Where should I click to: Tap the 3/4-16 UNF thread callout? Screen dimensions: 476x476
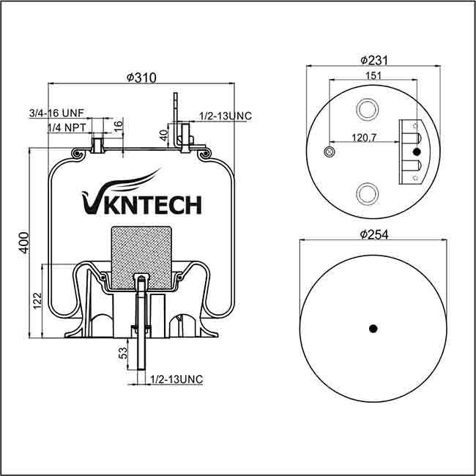(x=57, y=114)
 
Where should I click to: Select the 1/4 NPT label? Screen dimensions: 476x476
(x=65, y=128)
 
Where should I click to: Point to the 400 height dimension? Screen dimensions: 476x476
(x=24, y=242)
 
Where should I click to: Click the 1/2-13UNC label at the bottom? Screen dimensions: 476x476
(x=176, y=379)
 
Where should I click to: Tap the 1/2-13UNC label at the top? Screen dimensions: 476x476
(x=226, y=116)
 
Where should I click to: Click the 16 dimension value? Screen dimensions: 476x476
(x=118, y=125)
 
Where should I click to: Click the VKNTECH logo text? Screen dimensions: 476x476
(x=138, y=204)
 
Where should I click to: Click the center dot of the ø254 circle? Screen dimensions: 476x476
(x=372, y=327)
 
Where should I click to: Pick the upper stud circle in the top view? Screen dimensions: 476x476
(x=365, y=110)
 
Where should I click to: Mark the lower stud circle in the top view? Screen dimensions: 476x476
(x=365, y=193)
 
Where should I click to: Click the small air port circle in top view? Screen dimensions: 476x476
(x=329, y=152)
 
